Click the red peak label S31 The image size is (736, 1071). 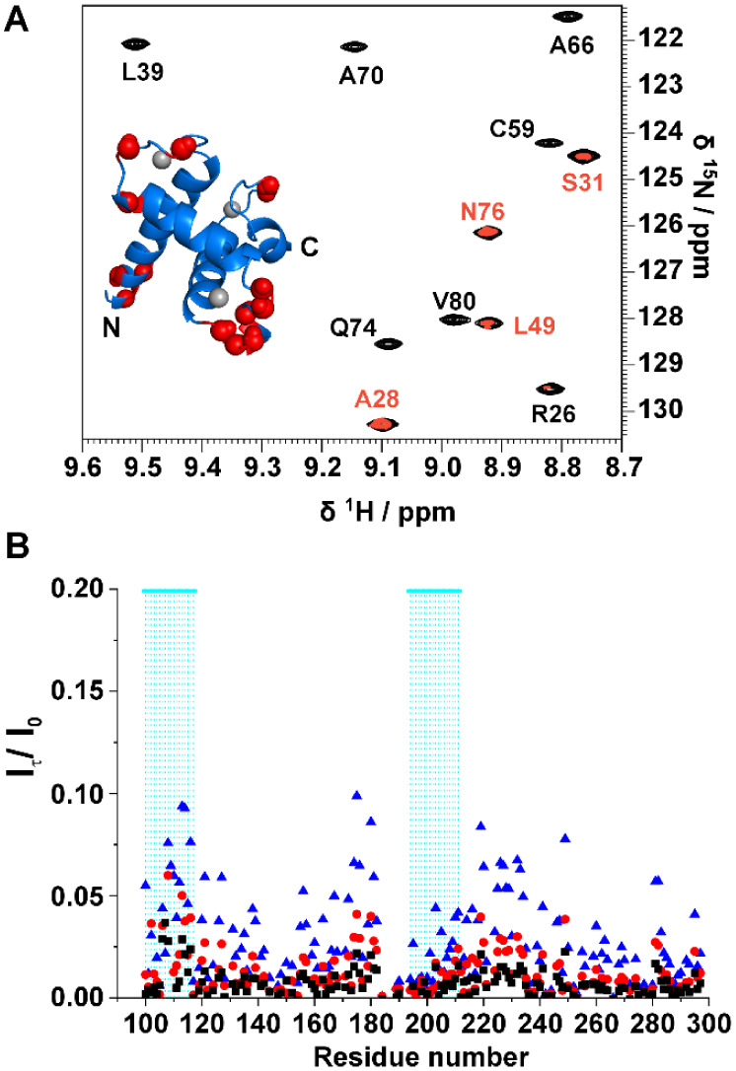tap(583, 181)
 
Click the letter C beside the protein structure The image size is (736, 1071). tap(309, 248)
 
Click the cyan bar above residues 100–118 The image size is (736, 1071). tap(169, 591)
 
